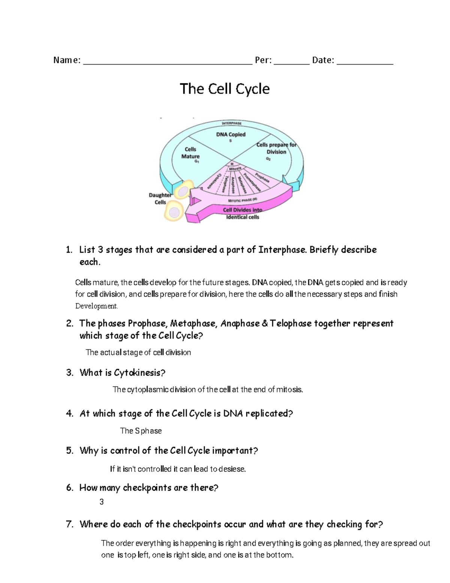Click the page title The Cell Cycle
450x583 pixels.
225,89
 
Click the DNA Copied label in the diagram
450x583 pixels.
231,134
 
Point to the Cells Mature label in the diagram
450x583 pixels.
190,153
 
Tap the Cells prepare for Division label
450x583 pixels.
276,148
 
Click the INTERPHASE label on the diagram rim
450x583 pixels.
231,123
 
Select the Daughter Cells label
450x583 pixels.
160,198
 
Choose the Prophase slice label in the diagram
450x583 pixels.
262,177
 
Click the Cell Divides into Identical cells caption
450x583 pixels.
243,213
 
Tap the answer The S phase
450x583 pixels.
141,431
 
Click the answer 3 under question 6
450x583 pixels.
102,502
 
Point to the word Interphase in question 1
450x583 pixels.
282,250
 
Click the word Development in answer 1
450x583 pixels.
96,306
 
